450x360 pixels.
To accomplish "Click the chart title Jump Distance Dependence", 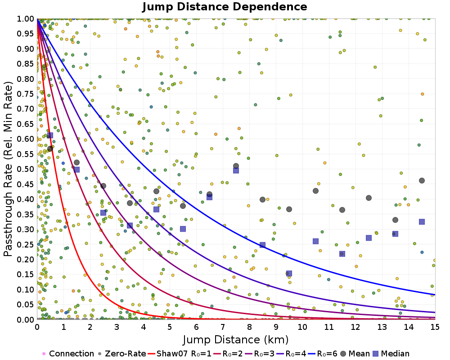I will click(x=225, y=7).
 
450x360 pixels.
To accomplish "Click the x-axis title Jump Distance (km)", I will click(x=236, y=339).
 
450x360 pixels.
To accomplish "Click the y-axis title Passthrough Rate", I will click(x=9, y=169).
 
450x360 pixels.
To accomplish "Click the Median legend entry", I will click(x=394, y=354).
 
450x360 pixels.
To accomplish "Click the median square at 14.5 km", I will click(x=422, y=222).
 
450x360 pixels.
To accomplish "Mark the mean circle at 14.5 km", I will click(x=422, y=180).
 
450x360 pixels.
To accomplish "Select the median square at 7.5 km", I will click(x=236, y=170).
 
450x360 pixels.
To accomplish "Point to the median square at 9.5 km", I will click(x=289, y=273).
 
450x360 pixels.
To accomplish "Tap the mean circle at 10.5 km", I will click(x=315, y=191).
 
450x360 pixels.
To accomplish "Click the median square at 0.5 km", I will click(x=50, y=135).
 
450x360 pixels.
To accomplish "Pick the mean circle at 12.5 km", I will click(x=369, y=198).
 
